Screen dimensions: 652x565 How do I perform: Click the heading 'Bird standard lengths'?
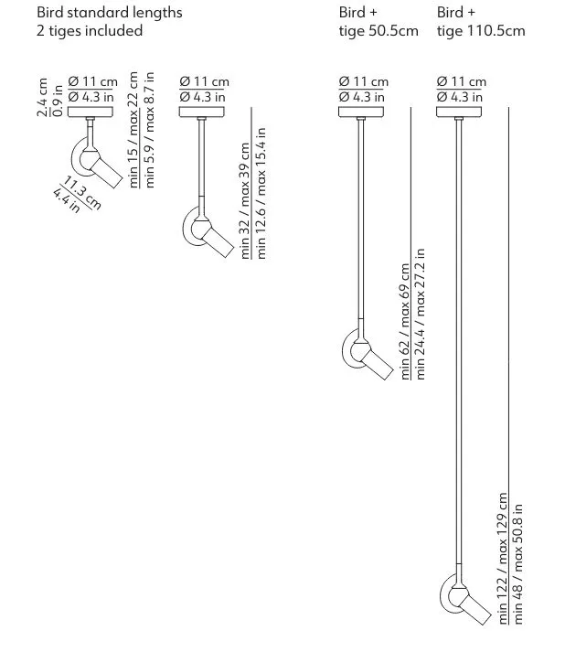[109, 13]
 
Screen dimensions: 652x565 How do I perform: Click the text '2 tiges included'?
[90, 31]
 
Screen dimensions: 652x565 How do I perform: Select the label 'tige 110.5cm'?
[481, 31]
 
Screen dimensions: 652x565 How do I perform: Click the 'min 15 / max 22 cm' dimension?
[133, 131]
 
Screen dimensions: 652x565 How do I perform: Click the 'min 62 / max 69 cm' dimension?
[405, 322]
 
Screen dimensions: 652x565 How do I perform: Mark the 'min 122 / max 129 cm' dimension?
[503, 558]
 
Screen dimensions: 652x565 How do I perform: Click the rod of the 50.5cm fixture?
[363, 219]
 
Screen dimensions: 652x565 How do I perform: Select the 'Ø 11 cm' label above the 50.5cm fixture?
[362, 82]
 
